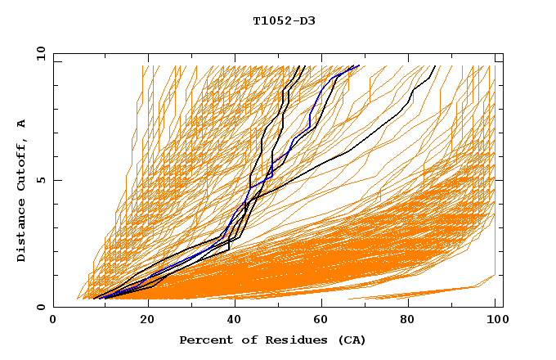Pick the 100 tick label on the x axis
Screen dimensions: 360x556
[x=495, y=321]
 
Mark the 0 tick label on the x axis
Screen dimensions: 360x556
[x=54, y=321]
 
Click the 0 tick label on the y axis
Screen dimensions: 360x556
[x=41, y=307]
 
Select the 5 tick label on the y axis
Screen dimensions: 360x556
[x=41, y=180]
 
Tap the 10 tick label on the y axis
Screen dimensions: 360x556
[x=38, y=53]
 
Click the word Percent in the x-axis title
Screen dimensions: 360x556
[x=202, y=340]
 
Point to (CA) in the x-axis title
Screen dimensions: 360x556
[x=349, y=340]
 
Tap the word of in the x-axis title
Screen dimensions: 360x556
[x=240, y=340]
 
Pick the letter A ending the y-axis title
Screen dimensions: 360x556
[x=22, y=123]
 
